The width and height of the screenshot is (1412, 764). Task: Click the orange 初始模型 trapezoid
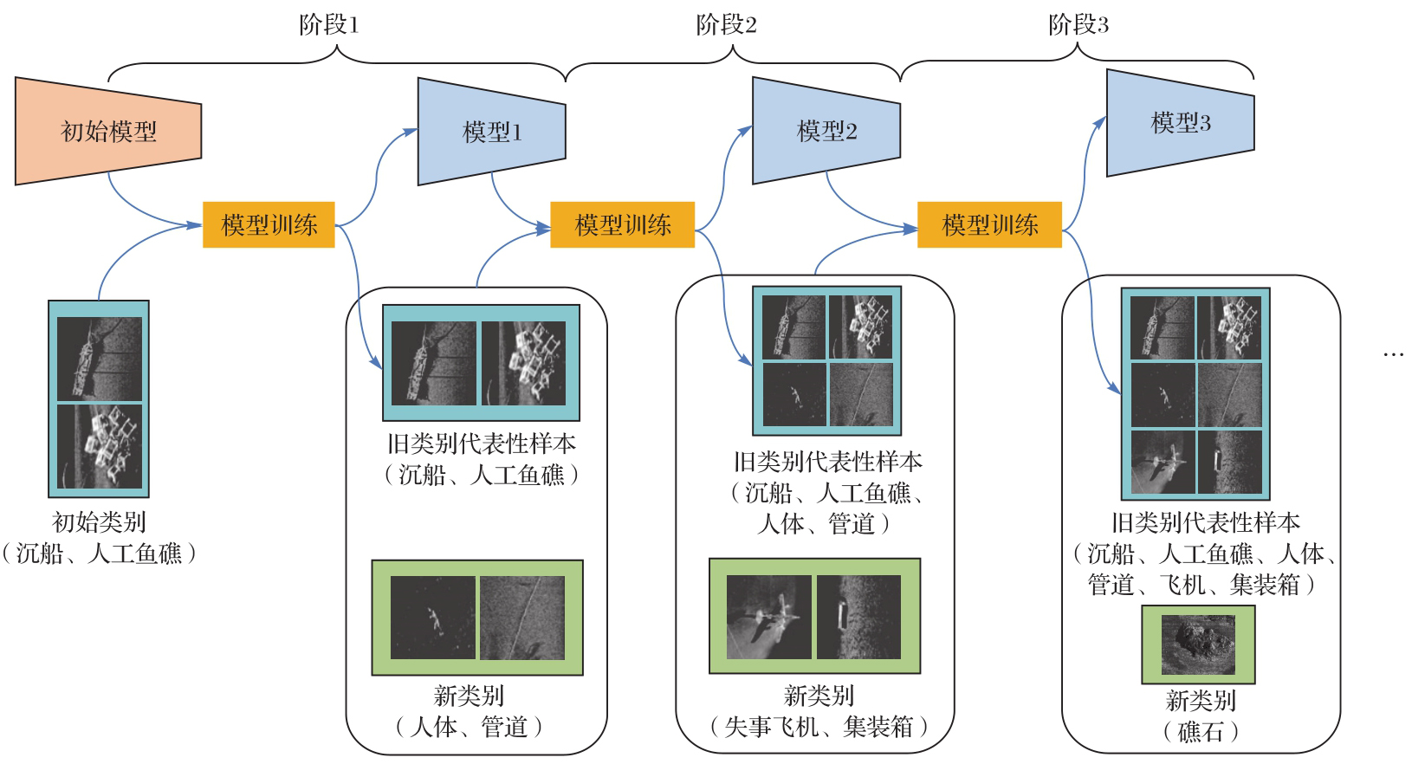pos(108,131)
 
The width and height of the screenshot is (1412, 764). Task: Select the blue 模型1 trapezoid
pos(491,132)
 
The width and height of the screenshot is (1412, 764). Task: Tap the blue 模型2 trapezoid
pos(826,131)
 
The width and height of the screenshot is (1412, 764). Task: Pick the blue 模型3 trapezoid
pos(1180,123)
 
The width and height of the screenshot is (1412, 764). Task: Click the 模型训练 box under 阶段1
pos(269,225)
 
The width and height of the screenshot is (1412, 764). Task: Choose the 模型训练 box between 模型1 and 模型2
pos(622,225)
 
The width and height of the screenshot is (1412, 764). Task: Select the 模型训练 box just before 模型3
pos(989,225)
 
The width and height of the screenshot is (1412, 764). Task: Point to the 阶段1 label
pos(328,25)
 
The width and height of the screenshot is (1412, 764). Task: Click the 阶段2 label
pos(726,25)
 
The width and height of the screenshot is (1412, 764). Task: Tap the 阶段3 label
pos(1078,25)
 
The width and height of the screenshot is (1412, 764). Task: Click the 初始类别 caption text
pos(99,522)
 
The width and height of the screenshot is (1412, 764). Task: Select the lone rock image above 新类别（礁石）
pos(1198,644)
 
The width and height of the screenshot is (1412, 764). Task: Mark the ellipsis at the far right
pos(1393,354)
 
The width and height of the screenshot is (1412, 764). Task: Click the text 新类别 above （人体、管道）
pos(469,696)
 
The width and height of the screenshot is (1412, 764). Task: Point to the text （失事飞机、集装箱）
pos(818,727)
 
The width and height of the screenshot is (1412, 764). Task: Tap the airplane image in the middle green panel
pos(769,617)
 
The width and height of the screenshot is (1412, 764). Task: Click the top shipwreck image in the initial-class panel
pos(99,358)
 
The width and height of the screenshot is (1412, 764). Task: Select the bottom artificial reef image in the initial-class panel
pos(99,447)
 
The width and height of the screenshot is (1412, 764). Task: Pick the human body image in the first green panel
pos(433,618)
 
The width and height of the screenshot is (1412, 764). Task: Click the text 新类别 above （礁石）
pos(1200,700)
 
